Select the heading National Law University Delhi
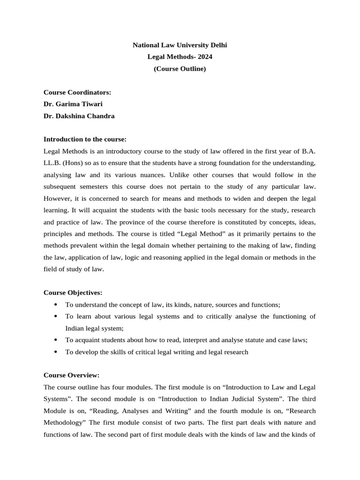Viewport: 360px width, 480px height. click(180, 45)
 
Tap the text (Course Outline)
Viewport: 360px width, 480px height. click(180, 69)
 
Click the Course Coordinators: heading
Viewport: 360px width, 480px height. click(77, 92)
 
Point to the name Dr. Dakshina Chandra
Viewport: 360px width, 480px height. click(79, 116)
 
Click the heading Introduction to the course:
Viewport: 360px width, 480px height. click(85, 139)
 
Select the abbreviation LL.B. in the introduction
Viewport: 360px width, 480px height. click(52, 163)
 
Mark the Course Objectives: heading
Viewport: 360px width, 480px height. click(73, 292)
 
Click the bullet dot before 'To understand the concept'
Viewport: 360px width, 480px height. click(56, 304)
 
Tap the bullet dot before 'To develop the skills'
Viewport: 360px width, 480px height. click(56, 352)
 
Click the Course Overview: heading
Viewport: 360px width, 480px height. click(71, 375)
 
